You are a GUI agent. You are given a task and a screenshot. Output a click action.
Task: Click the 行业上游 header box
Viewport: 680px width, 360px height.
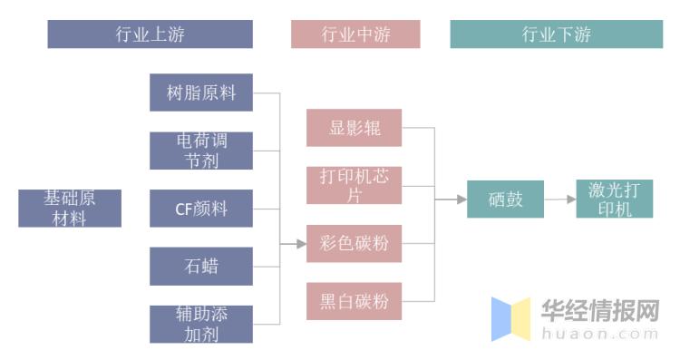pyautogui.click(x=150, y=34)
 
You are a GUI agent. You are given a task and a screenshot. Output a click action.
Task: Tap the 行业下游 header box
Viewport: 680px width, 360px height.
pyautogui.click(x=556, y=34)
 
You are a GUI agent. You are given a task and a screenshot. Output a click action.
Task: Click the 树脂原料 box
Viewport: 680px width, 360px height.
pyautogui.click(x=201, y=92)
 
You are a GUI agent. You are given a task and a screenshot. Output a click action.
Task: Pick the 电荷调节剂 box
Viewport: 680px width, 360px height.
pyautogui.click(x=201, y=151)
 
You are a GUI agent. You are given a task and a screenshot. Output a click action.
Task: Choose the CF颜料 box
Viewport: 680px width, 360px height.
pyautogui.click(x=201, y=209)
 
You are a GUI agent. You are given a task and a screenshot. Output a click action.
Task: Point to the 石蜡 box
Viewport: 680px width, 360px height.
pyautogui.click(x=201, y=267)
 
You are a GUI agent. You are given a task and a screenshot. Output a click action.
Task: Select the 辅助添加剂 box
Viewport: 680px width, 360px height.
pyautogui.click(x=201, y=325)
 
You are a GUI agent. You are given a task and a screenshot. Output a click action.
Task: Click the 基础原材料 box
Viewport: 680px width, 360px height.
pyautogui.click(x=70, y=209)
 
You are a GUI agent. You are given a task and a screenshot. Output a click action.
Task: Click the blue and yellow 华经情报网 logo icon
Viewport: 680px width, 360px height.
pyautogui.click(x=510, y=318)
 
